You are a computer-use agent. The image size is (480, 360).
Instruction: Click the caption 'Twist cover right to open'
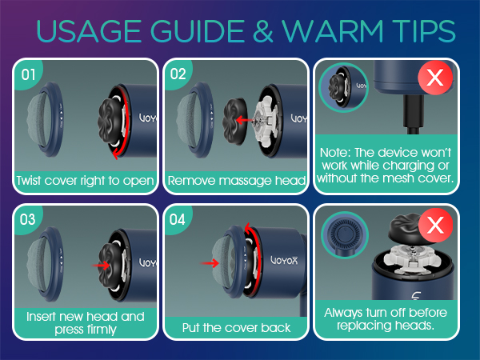84,181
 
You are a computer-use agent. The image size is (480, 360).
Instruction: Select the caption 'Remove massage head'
236,181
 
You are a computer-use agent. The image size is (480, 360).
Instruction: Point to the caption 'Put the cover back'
236,327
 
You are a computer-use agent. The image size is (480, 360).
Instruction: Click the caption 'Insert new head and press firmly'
84,322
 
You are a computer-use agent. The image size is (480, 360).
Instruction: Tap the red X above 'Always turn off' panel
435,226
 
